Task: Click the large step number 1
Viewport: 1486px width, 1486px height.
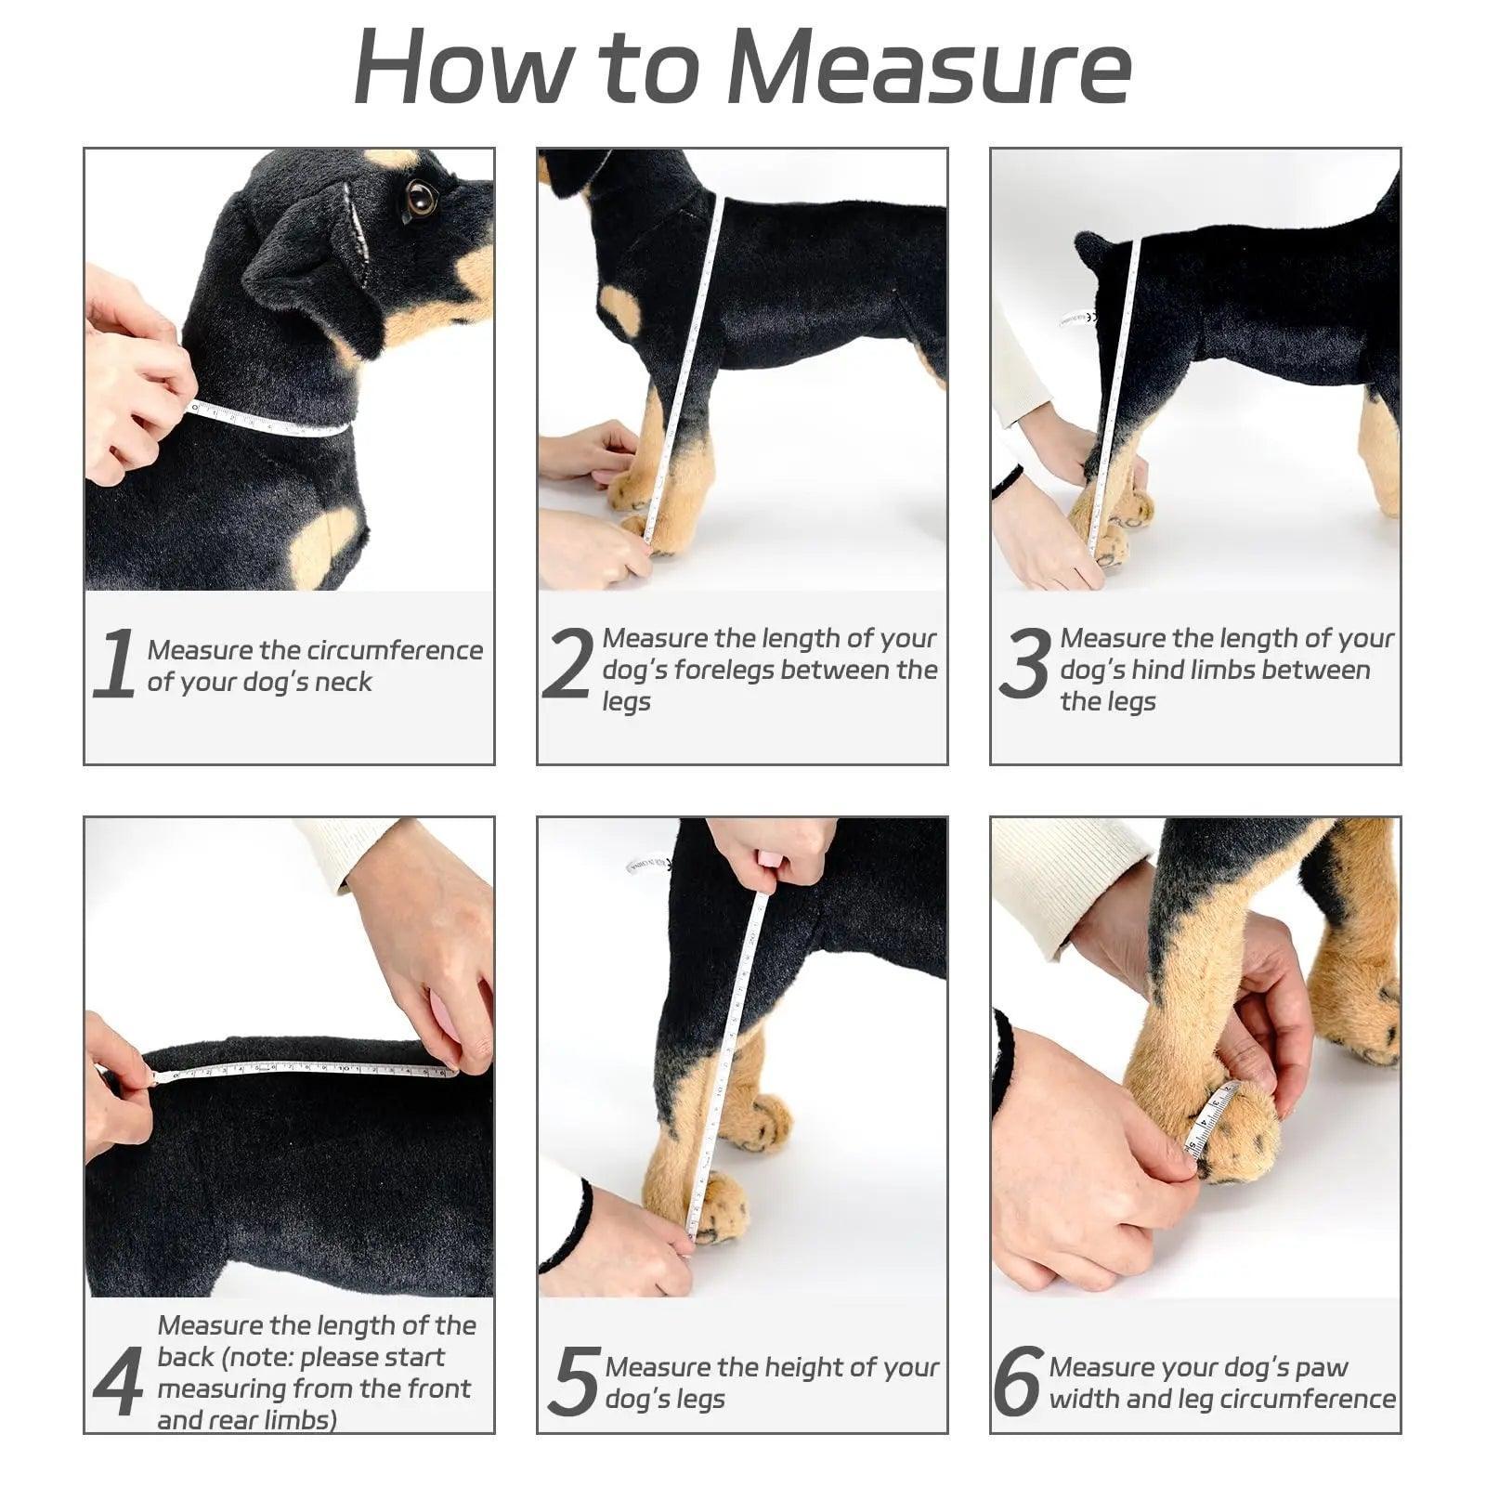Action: coord(115,664)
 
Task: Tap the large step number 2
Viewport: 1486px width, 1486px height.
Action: coord(566,664)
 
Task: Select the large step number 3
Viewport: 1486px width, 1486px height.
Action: coord(1025,664)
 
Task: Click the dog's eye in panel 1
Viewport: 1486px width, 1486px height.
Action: coord(421,197)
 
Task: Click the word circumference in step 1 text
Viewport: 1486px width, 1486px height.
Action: coord(395,650)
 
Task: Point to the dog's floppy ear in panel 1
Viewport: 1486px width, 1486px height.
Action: coord(316,269)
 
